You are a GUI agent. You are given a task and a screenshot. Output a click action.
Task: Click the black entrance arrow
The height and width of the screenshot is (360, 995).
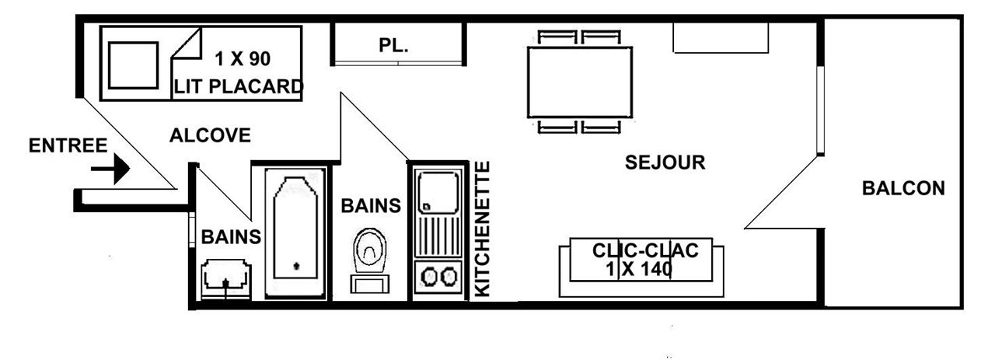coord(110,169)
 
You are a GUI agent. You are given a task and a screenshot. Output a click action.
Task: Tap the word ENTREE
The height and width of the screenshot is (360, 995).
coord(68,145)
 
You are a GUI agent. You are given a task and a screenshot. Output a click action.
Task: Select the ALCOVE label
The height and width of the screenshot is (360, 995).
coord(210,135)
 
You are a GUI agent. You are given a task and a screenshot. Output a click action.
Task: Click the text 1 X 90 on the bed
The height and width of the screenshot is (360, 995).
coord(243,58)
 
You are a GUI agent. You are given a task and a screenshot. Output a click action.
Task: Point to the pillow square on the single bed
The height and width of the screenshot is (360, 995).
coord(133,65)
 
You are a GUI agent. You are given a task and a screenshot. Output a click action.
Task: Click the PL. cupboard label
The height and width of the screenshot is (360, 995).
coord(393,45)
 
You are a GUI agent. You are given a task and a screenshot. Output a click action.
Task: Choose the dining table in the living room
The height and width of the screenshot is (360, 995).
coord(580,82)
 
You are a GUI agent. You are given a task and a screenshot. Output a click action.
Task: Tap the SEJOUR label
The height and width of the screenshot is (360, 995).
coord(665,163)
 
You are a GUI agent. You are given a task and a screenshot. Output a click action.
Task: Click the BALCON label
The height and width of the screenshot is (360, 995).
coord(903,188)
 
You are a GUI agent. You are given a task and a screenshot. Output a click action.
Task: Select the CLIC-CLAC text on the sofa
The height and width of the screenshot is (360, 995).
coord(645,250)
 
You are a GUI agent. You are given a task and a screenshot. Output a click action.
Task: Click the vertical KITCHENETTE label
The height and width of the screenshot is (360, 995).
coord(483,229)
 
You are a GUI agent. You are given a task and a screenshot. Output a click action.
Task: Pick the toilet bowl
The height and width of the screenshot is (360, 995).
coord(369,250)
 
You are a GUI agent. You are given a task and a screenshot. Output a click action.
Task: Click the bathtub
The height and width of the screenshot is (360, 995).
coord(295,233)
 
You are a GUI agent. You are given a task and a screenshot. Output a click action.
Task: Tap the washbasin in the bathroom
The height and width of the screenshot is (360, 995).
coord(226,279)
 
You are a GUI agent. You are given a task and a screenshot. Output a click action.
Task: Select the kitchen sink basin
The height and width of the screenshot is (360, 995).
coord(438,192)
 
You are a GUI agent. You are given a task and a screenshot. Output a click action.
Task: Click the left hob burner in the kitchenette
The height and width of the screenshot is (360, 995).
coord(430,278)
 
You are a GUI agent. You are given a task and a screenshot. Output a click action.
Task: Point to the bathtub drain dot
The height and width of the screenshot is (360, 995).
coord(297,266)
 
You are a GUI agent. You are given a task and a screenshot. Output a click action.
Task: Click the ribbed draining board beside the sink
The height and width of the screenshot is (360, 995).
coord(438,236)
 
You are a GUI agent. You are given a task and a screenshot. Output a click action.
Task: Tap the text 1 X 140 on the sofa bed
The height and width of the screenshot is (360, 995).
coord(639,269)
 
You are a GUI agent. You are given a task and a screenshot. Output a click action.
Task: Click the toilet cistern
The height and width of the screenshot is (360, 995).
coord(369,284)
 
